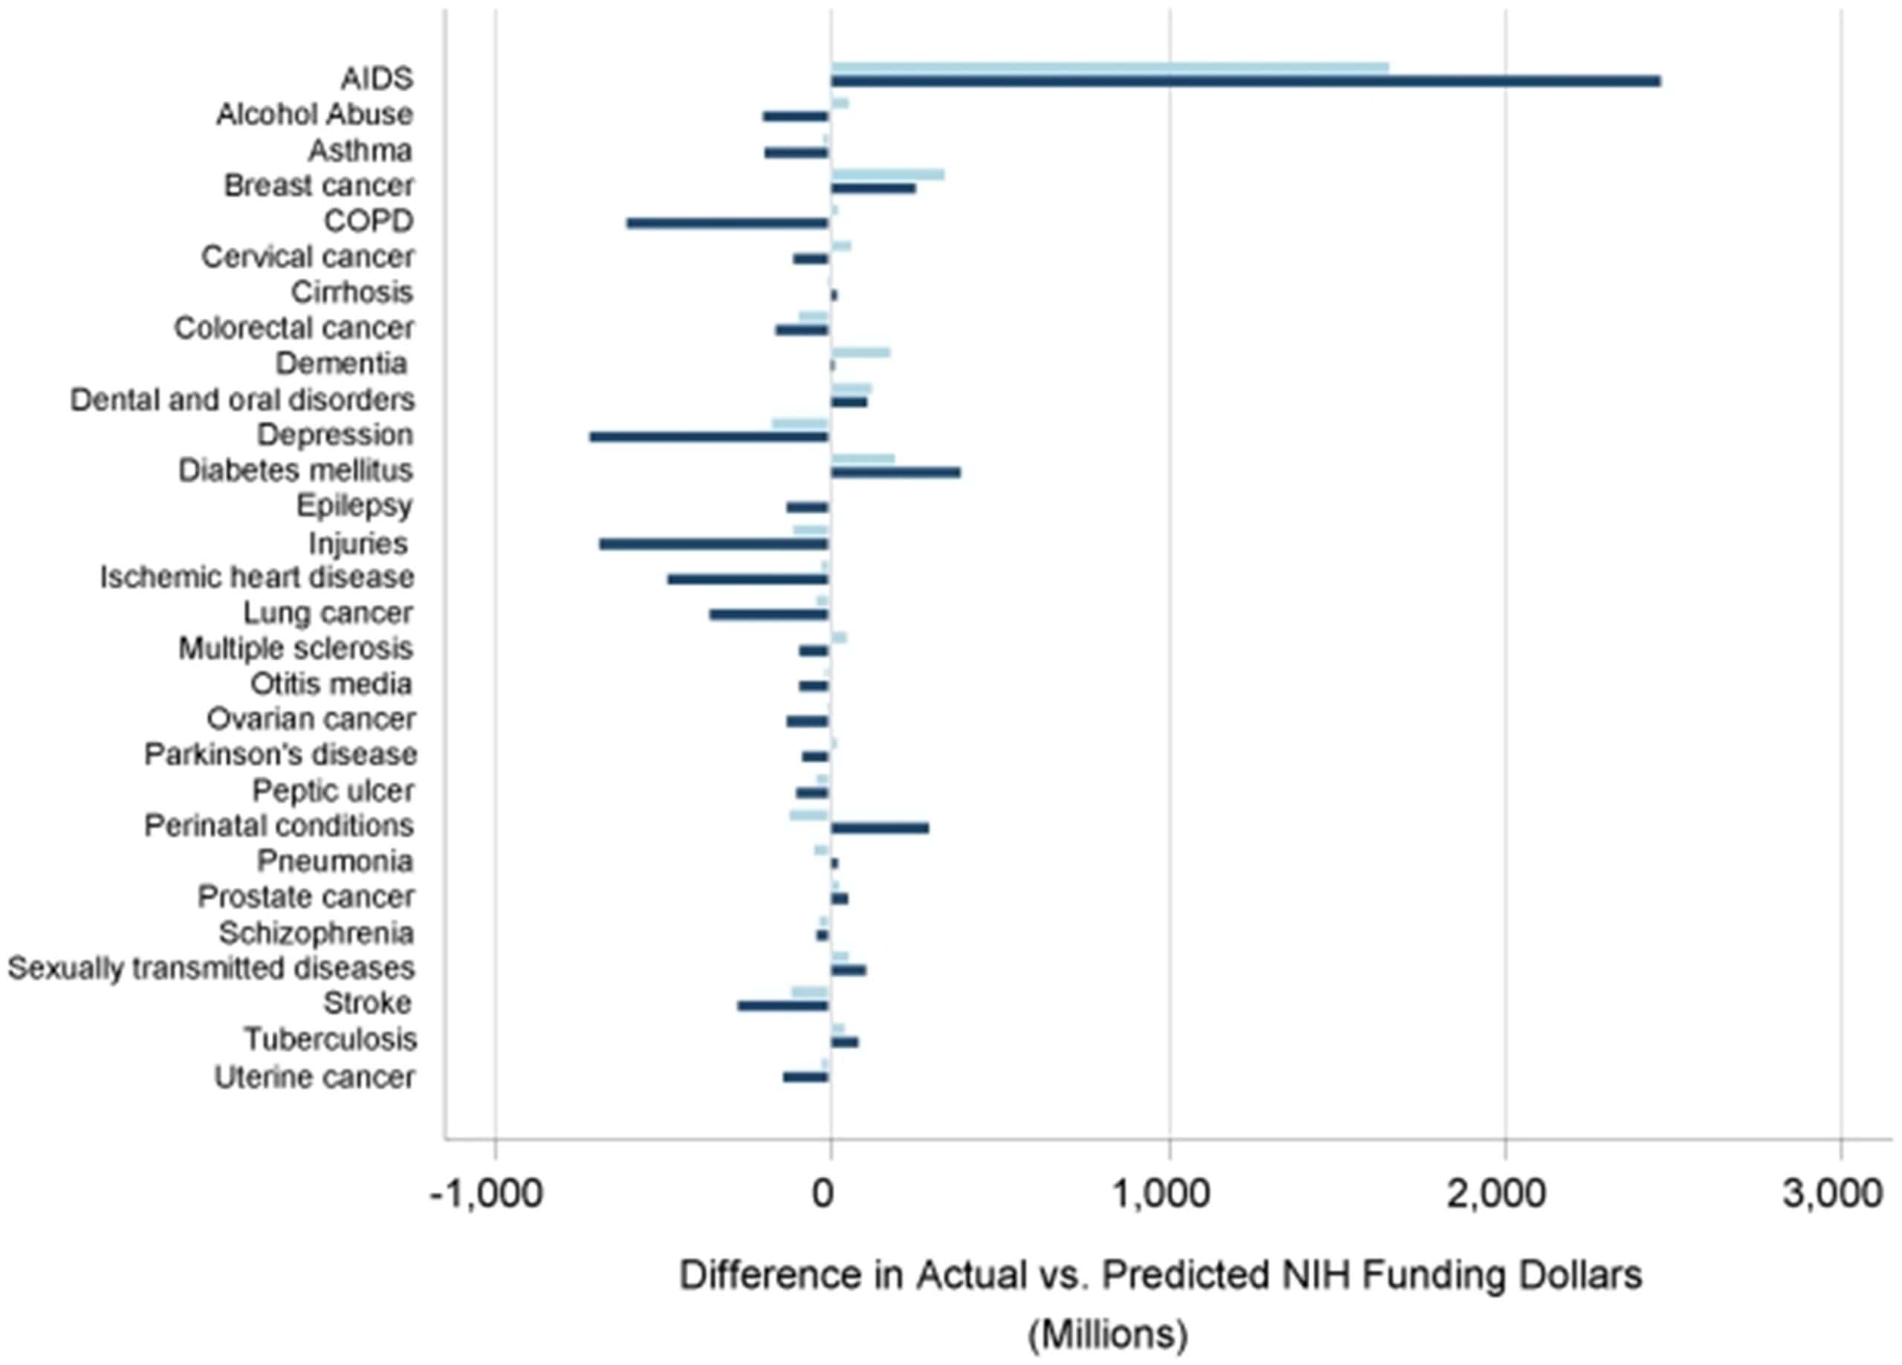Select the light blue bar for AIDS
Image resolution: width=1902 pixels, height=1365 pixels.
(1109, 68)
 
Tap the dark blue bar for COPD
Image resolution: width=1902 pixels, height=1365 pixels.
(728, 223)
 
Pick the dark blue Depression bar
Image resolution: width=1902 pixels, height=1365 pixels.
(710, 436)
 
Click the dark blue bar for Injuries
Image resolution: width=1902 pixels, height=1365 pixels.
(714, 544)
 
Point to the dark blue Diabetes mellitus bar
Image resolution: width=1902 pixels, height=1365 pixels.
(896, 473)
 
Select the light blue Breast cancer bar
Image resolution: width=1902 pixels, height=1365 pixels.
(887, 175)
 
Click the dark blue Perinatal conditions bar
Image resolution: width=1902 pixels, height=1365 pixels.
(880, 828)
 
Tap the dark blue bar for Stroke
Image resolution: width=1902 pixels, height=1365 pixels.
(783, 1006)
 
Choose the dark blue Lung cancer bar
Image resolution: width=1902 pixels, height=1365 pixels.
(769, 615)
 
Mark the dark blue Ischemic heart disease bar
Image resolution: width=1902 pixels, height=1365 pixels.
(748, 579)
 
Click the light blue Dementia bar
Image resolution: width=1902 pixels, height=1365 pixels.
(860, 352)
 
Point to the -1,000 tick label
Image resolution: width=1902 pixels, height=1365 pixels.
(487, 1194)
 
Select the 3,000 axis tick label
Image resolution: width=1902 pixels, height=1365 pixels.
(1832, 1194)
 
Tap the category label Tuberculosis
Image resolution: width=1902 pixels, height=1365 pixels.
(331, 1040)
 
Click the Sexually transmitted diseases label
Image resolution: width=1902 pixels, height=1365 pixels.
(211, 968)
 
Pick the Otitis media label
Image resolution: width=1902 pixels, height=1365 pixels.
(331, 684)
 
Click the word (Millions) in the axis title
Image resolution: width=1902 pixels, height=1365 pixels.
(1108, 1334)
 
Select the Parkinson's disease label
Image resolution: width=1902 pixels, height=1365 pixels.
(281, 755)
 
